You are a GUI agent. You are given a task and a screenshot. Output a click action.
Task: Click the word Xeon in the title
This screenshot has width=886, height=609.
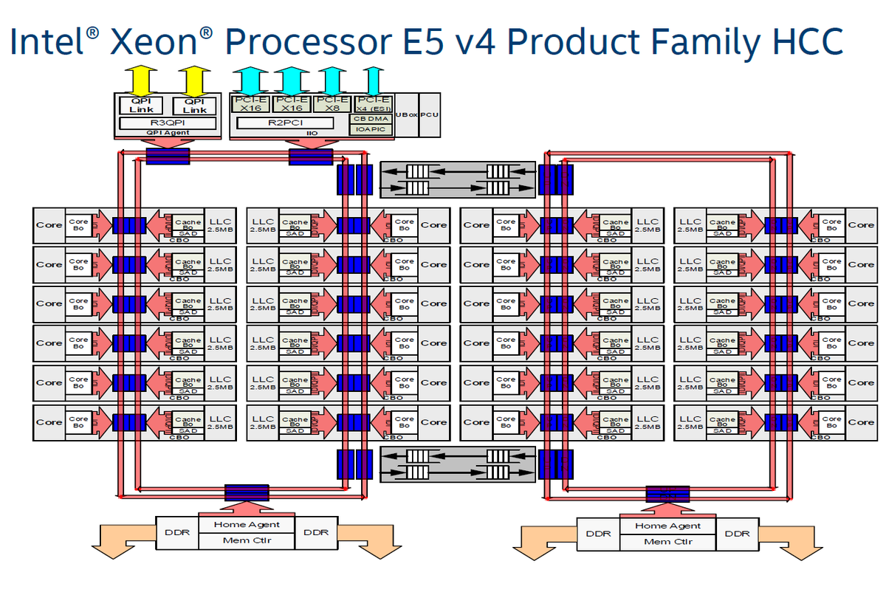point(153,42)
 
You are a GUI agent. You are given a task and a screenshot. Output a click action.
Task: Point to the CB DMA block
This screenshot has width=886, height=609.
point(371,118)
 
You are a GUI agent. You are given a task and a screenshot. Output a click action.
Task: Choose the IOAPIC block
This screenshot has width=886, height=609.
point(371,129)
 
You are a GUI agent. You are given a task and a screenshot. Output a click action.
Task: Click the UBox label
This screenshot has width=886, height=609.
point(406,114)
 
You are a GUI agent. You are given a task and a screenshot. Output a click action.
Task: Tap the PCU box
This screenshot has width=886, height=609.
point(430,114)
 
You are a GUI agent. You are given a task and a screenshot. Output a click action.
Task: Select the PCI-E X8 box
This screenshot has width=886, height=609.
point(332,103)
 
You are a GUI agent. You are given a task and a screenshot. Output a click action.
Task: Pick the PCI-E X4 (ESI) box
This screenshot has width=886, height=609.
point(373,103)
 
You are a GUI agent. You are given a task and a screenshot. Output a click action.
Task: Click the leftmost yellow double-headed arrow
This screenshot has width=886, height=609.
point(141,79)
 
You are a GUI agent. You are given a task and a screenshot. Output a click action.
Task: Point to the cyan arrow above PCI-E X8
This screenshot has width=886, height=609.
point(332,79)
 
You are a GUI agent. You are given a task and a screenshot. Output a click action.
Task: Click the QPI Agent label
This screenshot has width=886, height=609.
point(168,134)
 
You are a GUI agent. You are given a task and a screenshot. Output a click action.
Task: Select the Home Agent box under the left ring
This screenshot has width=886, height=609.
point(247,525)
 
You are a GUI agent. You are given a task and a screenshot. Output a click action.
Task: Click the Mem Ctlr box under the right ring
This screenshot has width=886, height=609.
point(667,542)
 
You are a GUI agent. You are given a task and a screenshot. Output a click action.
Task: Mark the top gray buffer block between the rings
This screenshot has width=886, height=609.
point(458,180)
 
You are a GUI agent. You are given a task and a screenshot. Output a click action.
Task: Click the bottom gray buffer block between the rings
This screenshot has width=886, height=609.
point(458,464)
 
